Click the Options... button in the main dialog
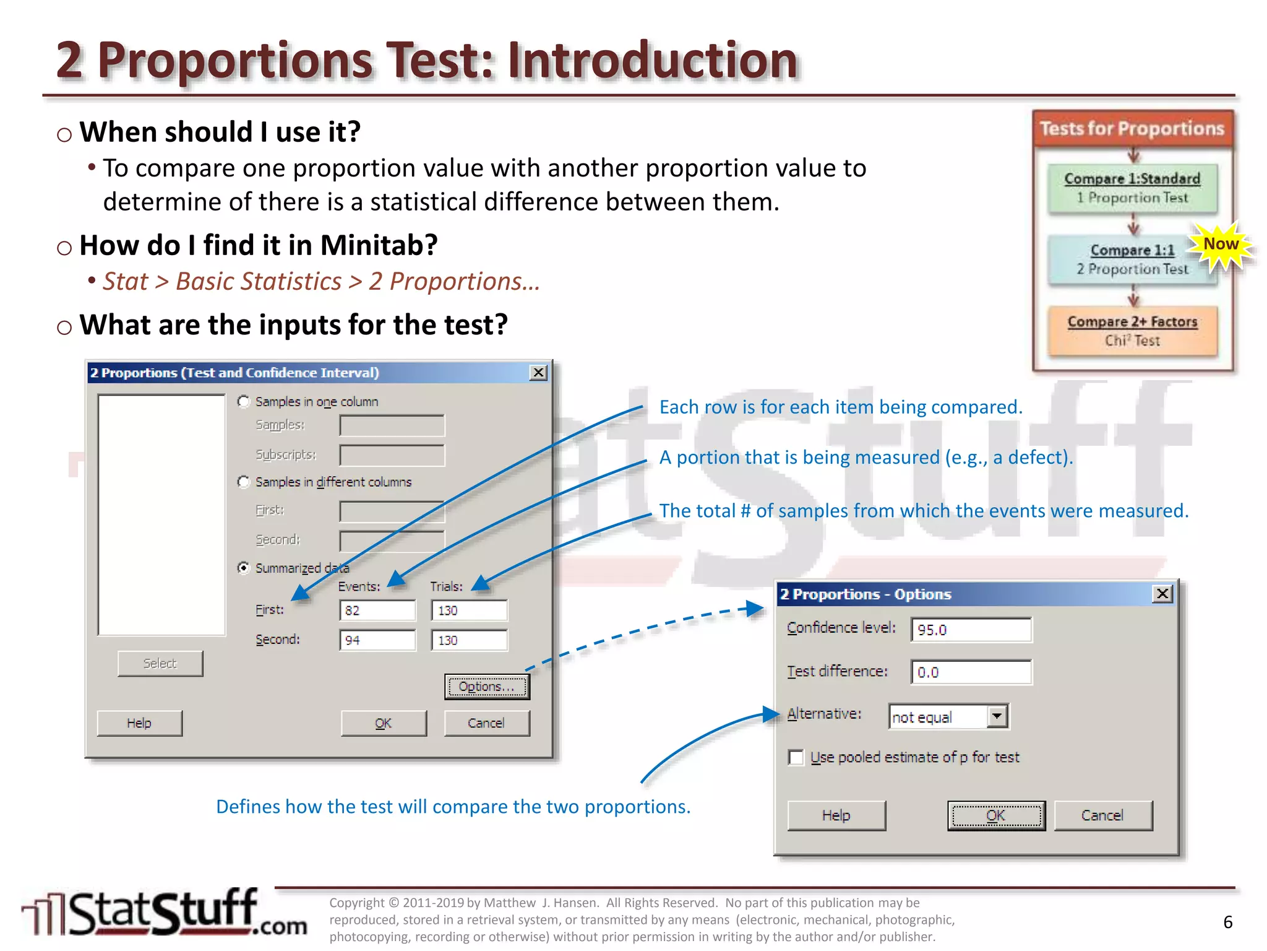click(487, 687)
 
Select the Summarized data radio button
click(244, 568)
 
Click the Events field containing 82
click(377, 610)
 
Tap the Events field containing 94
click(377, 640)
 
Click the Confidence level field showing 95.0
click(971, 630)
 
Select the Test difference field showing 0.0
click(971, 672)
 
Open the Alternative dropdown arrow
click(996, 716)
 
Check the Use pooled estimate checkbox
click(796, 757)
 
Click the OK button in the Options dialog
click(995, 815)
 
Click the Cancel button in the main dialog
click(486, 723)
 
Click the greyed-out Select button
click(160, 664)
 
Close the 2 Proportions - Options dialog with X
click(1162, 594)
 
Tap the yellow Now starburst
click(1221, 246)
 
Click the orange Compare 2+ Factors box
click(1132, 331)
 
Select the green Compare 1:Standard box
click(1132, 188)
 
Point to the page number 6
click(1227, 922)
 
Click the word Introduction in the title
click(653, 61)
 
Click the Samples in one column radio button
click(244, 402)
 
